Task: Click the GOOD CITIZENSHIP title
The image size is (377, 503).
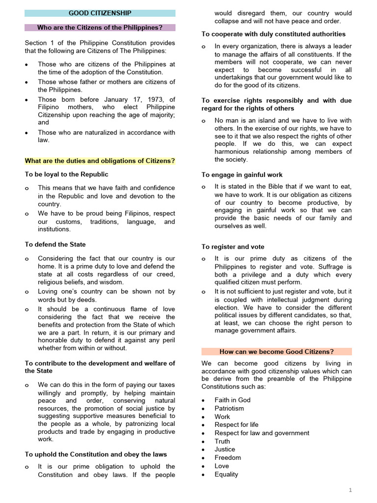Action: tap(100, 13)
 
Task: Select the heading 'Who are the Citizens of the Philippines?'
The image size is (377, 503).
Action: tap(100, 28)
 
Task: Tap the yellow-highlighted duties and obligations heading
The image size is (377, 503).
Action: tap(100, 161)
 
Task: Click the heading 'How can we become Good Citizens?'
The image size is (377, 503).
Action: tap(276, 352)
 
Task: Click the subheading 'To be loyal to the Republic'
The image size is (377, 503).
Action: tap(66, 174)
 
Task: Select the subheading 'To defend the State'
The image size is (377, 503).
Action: tap(55, 245)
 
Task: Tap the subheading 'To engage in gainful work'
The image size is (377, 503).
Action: tap(242, 175)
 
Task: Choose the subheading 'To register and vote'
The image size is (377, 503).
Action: tap(233, 247)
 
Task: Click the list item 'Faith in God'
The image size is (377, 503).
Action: tap(232, 400)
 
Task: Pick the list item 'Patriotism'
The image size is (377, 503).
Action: tap(229, 408)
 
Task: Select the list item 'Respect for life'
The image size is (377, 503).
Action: tap(236, 425)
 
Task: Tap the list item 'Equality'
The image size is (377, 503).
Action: tap(226, 475)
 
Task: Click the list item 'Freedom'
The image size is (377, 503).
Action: tap(228, 458)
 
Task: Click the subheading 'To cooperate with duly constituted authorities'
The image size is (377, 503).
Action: tap(273, 34)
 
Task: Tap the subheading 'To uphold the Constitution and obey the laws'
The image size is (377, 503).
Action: tap(96, 454)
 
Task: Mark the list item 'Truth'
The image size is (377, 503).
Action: tap(222, 441)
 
